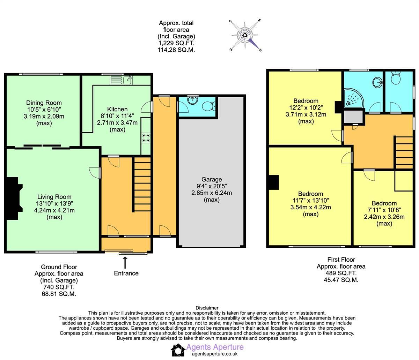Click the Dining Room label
(x=44, y=103)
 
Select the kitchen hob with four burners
(x=146, y=138)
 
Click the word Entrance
(x=126, y=273)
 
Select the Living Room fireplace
(x=13, y=198)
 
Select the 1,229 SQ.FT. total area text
(x=176, y=43)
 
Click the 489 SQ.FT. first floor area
(x=341, y=273)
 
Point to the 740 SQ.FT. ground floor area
(x=59, y=287)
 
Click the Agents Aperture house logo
(x=178, y=350)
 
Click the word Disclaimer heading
(x=207, y=308)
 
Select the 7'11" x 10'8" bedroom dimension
(x=384, y=210)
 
